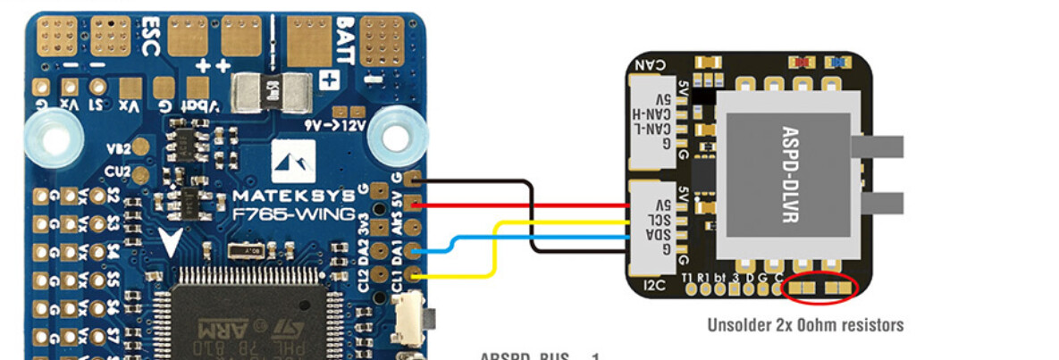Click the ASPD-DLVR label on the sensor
click(786, 174)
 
